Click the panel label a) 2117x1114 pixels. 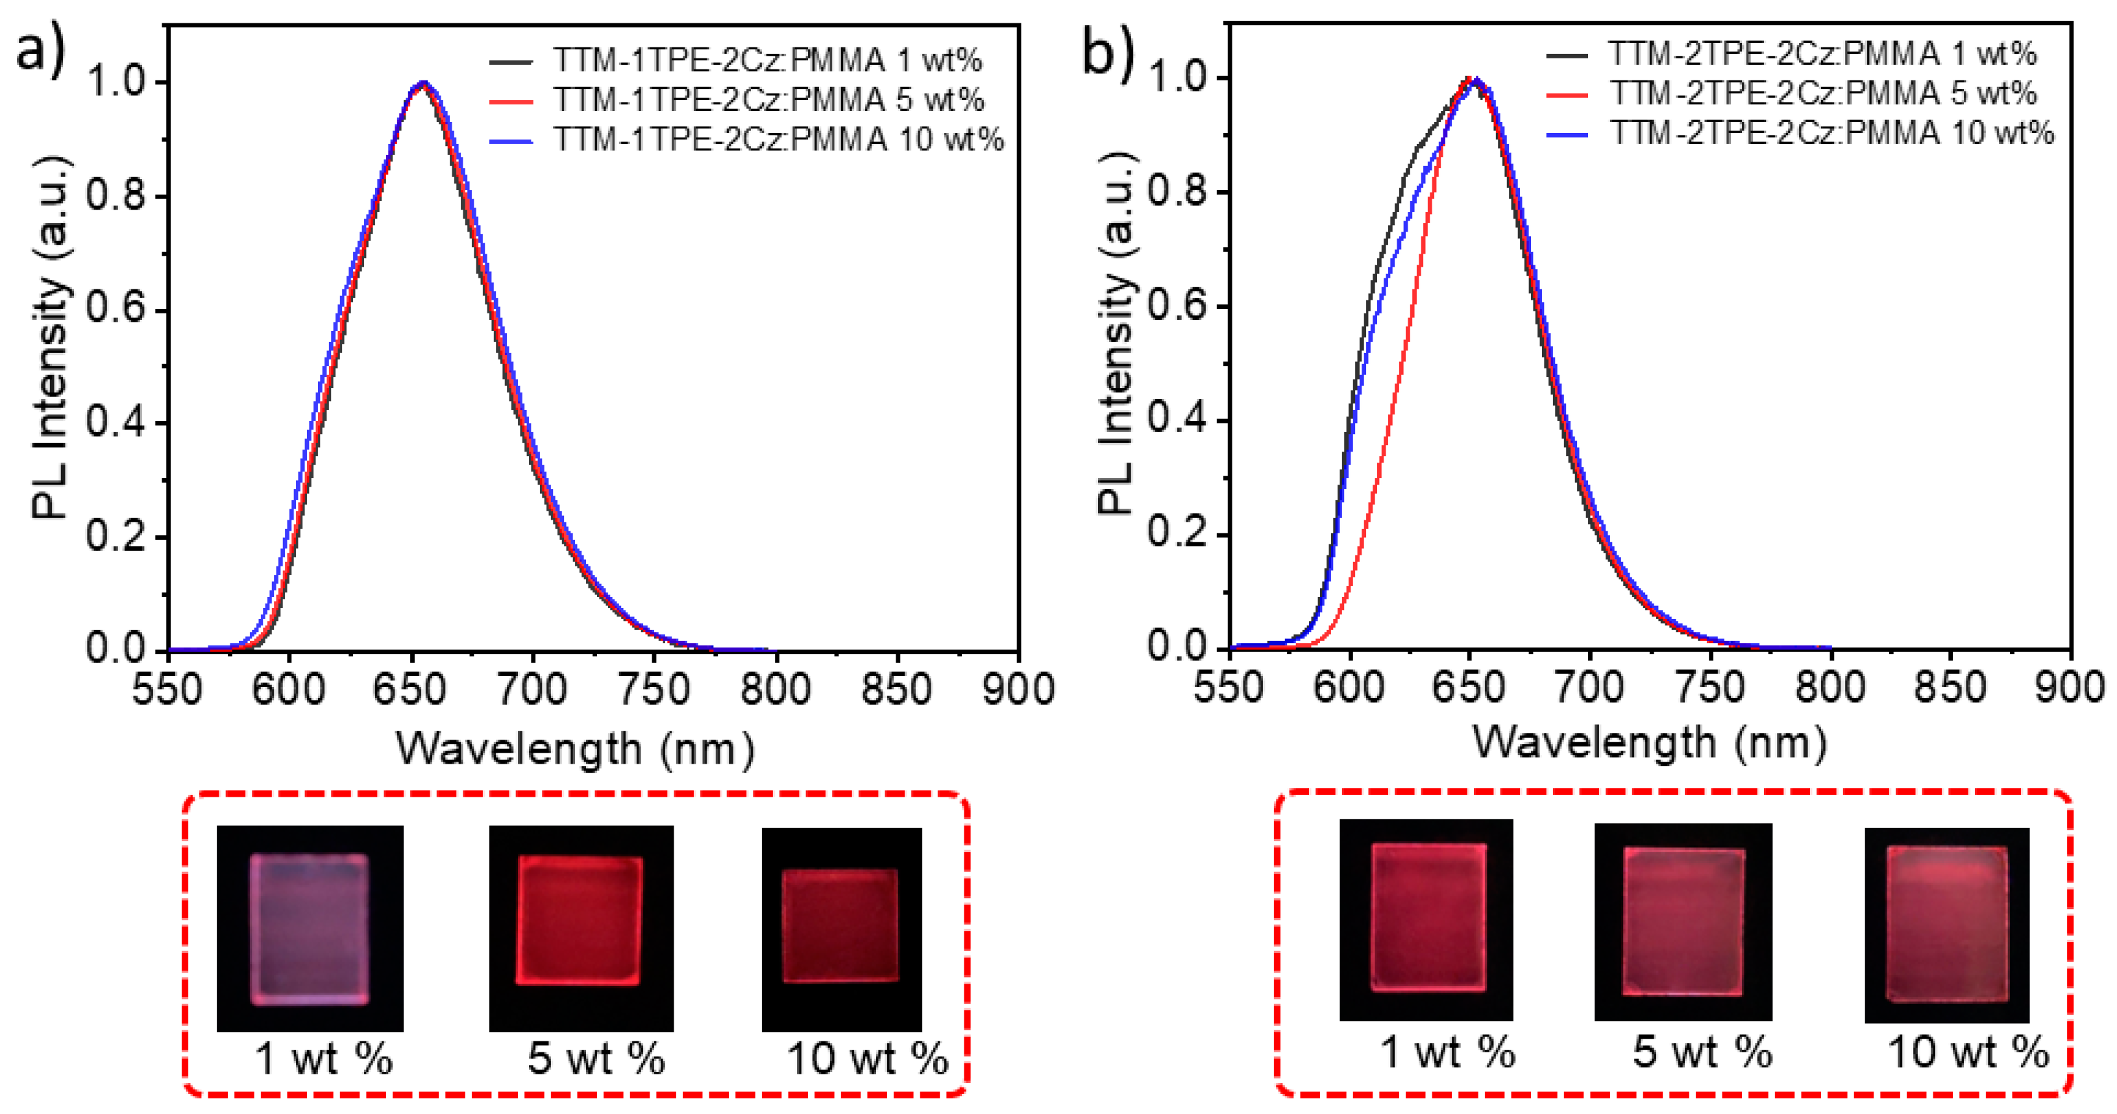tap(40, 51)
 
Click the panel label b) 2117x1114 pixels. tap(1107, 51)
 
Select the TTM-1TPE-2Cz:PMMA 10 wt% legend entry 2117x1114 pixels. tap(777, 139)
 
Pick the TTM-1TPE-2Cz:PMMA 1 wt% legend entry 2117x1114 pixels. tap(766, 60)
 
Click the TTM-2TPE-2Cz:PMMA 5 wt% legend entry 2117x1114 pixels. tap(1822, 93)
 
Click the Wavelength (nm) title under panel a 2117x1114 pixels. tap(575, 749)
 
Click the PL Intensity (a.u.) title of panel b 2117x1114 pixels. tap(1117, 333)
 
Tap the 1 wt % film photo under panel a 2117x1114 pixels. tap(310, 928)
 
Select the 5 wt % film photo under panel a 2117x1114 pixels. tap(581, 928)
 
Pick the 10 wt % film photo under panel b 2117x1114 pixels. tap(1947, 925)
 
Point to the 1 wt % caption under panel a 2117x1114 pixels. tap(324, 1058)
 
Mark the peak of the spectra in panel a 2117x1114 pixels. tap(422, 83)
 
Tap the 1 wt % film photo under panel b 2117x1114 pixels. tap(1426, 920)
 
